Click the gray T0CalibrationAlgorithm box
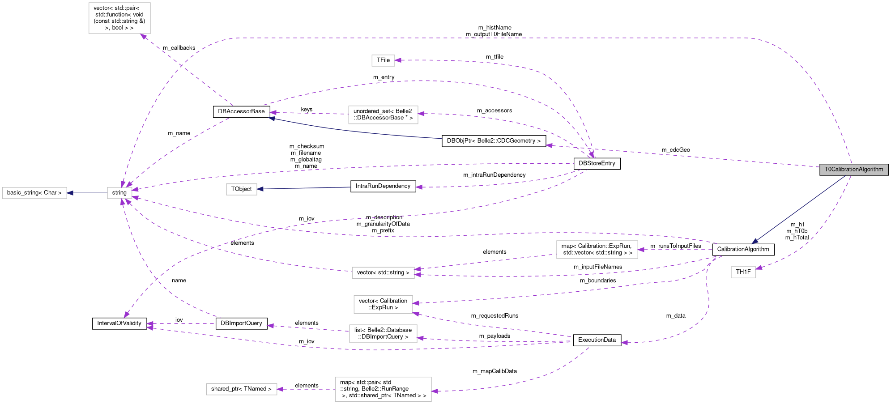click(853, 170)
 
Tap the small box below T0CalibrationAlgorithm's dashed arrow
click(743, 272)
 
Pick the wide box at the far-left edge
click(34, 193)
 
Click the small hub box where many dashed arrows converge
click(119, 193)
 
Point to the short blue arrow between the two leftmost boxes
click(87, 193)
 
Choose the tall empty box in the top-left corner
click(119, 18)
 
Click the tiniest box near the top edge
click(383, 60)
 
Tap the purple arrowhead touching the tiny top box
click(398, 60)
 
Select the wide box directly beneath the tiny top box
click(383, 115)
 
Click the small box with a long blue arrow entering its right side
click(241, 189)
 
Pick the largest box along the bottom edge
click(383, 389)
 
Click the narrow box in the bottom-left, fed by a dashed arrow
click(241, 389)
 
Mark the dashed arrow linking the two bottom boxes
click(306, 389)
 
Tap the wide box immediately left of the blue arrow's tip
click(597, 250)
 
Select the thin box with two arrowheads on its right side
click(383, 272)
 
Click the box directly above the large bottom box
click(383, 334)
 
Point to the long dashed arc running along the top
click(492, 38)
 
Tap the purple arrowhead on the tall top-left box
click(144, 36)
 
